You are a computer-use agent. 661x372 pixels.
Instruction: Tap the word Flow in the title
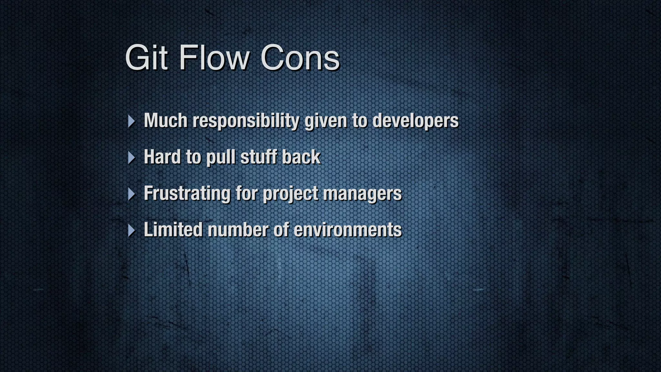click(214, 58)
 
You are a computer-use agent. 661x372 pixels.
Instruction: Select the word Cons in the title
click(300, 58)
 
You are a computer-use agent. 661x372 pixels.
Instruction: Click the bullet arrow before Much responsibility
click(131, 121)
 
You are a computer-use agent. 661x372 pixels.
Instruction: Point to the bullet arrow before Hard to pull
click(131, 158)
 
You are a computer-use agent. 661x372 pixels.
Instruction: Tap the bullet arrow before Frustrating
click(131, 194)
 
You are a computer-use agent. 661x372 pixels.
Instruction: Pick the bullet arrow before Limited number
click(131, 231)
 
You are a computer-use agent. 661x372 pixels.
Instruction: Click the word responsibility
click(246, 121)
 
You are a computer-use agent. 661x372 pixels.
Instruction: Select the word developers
click(415, 120)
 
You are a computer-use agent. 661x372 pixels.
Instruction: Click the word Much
click(166, 120)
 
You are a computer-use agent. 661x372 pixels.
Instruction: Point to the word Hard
click(162, 157)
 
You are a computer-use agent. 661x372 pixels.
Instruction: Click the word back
click(301, 157)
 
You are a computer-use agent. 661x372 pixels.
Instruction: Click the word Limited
click(173, 230)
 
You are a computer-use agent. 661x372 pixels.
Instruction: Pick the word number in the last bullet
click(238, 230)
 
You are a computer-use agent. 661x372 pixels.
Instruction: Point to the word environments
click(348, 230)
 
